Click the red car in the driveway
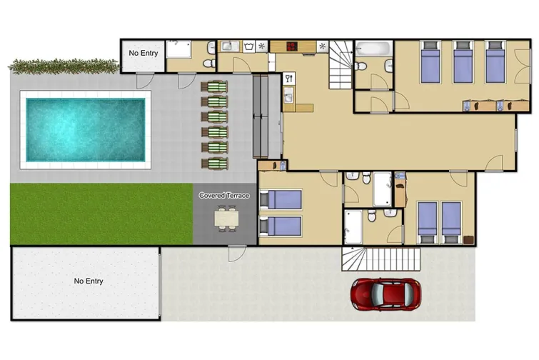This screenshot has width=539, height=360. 384,293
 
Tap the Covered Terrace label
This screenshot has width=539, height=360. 224,195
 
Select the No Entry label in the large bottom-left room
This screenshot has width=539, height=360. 89,281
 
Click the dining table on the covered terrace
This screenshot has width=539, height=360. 225,217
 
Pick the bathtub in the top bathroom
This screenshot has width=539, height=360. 373,50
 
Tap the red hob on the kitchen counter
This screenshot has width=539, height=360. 293,46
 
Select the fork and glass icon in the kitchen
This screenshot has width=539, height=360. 289,78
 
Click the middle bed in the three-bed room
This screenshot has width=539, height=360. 463,63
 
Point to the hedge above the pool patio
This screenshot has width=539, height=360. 64,66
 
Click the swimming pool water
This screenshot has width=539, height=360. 85,129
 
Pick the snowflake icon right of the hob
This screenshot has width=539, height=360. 323,46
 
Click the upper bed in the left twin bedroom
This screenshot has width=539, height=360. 282,200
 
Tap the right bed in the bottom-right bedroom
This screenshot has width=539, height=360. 452,218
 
